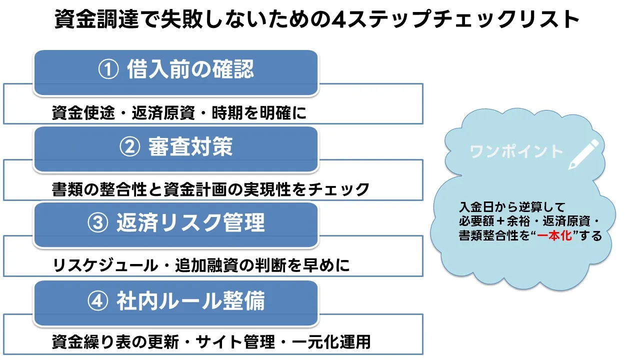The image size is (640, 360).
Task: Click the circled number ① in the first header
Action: tap(107, 70)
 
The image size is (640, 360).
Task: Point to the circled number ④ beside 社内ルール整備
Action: tap(97, 300)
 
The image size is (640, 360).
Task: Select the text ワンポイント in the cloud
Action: tap(516, 151)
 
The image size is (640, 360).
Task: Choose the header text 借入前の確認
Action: tap(190, 70)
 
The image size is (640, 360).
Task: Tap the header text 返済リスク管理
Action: tap(190, 223)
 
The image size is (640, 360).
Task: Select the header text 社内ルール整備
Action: tap(190, 300)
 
